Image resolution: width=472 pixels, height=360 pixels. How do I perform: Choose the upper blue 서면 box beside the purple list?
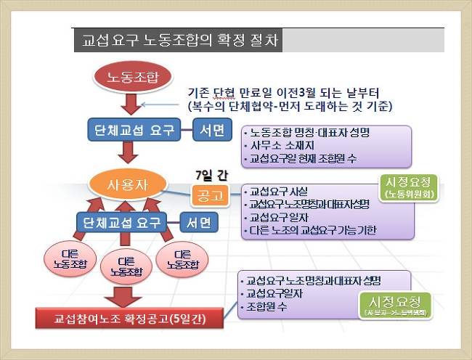click(x=211, y=131)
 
